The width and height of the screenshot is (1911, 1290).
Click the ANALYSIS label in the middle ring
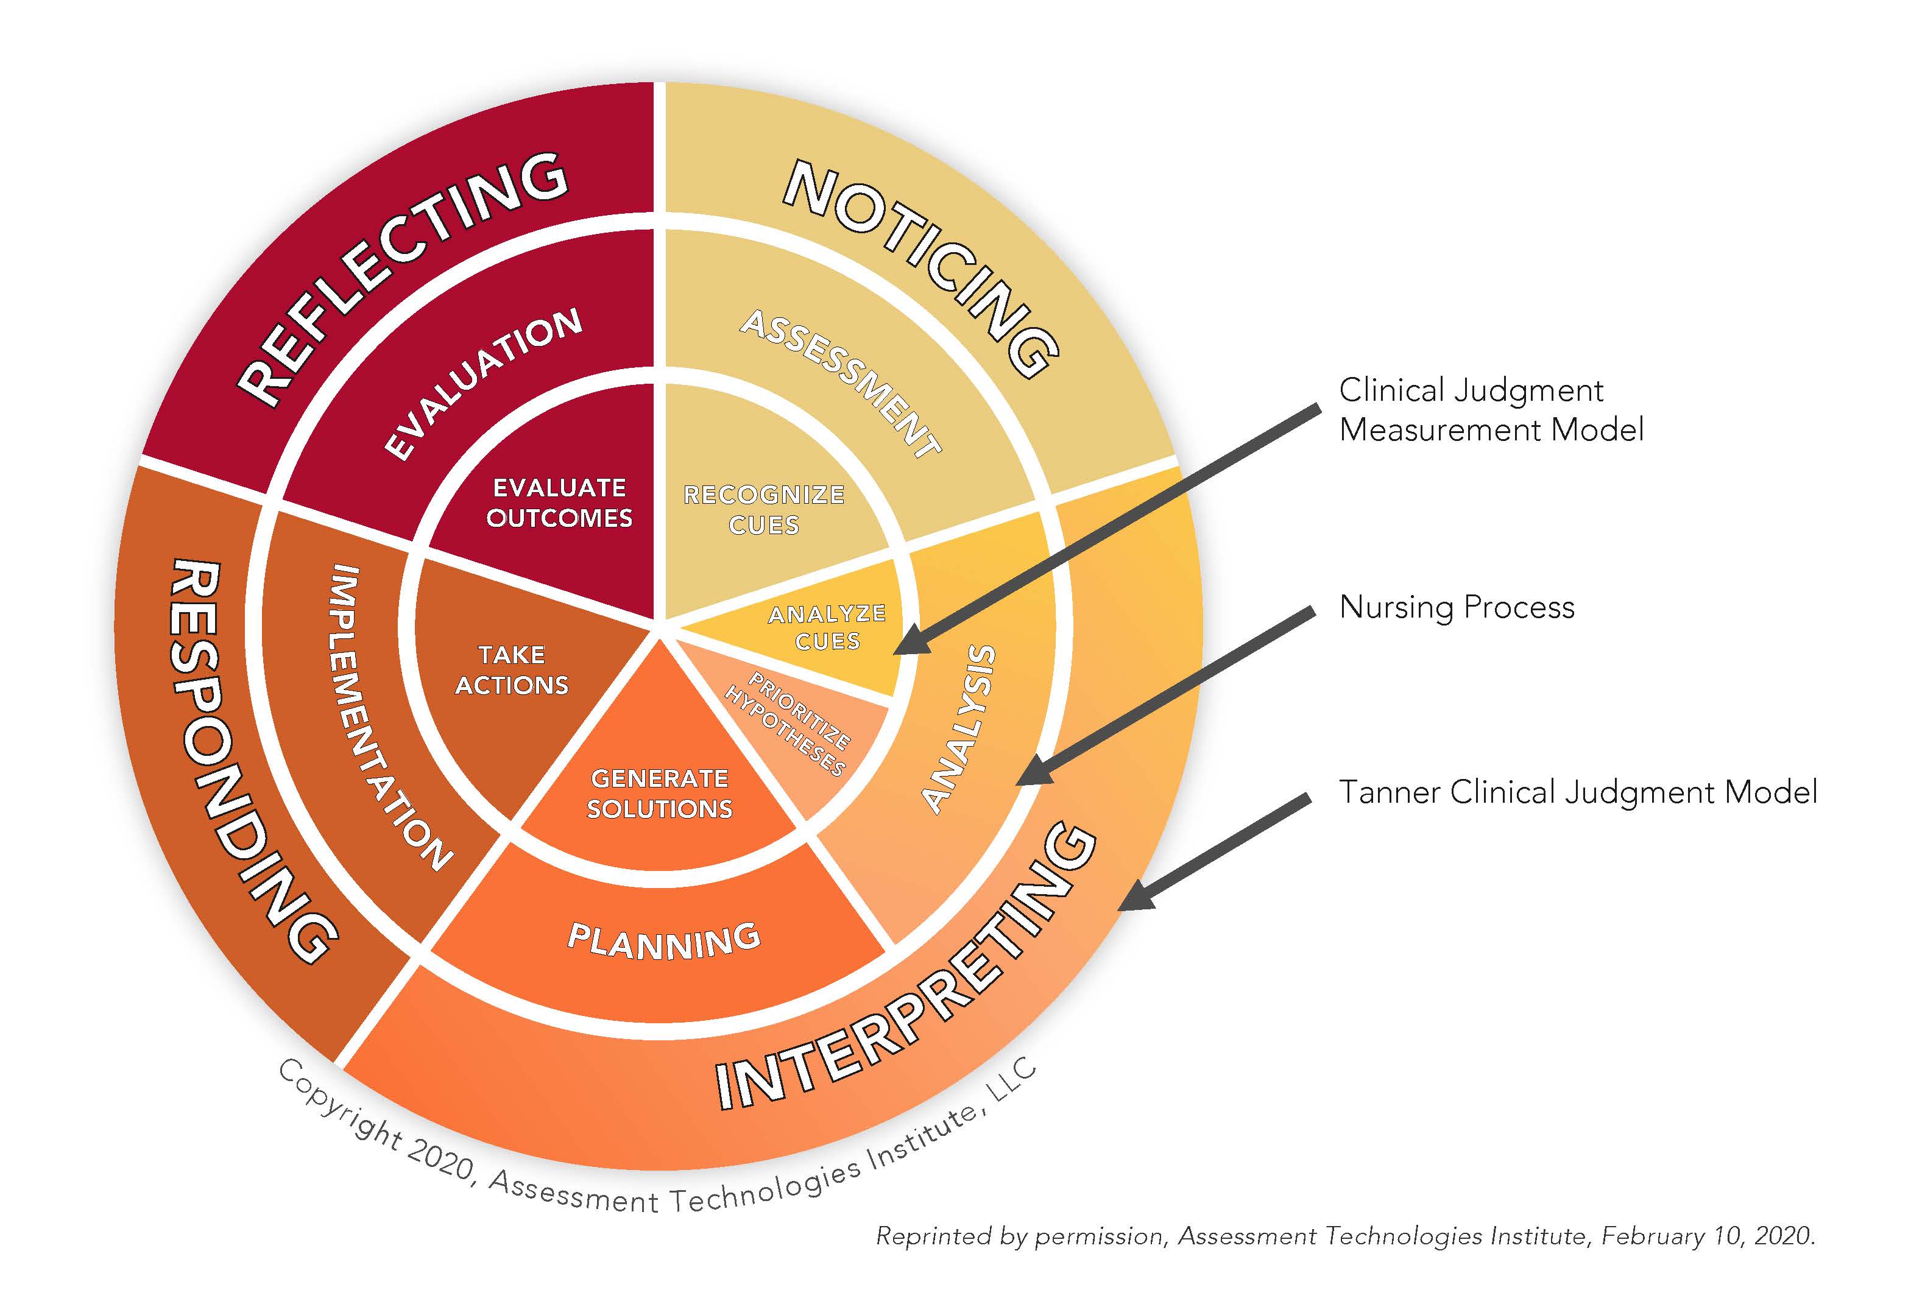click(959, 728)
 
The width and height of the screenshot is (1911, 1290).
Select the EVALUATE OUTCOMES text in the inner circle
click(559, 503)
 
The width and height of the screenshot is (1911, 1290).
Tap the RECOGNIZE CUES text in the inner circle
click(764, 510)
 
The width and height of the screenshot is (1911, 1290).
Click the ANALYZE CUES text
click(827, 627)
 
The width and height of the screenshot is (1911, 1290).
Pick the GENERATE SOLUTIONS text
click(660, 794)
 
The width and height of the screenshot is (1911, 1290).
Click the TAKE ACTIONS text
click(512, 670)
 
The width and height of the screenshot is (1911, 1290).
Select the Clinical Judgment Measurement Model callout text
click(1490, 409)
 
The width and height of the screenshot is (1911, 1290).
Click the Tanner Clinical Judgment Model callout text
click(1578, 792)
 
